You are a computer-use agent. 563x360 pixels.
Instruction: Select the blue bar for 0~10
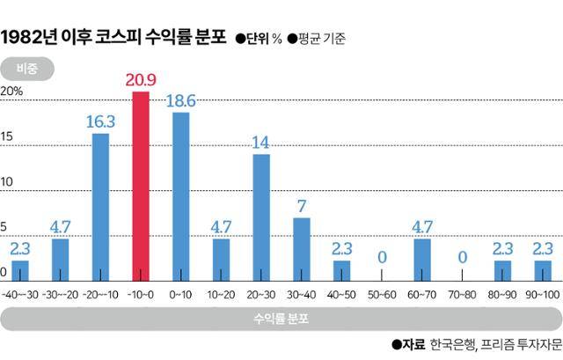[181, 197]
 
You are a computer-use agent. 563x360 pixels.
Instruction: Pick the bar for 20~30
[261, 217]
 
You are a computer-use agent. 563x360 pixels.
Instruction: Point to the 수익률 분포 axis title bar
[281, 317]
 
